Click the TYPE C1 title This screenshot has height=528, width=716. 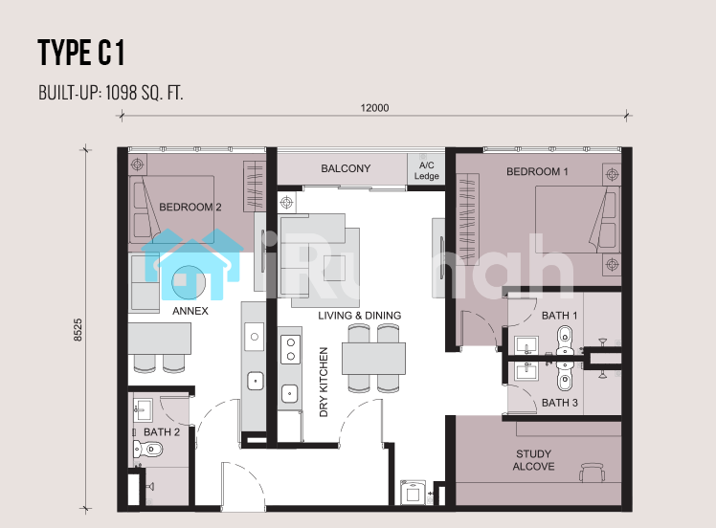click(x=80, y=53)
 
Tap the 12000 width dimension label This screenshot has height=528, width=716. click(x=374, y=108)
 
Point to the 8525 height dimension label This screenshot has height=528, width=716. click(x=78, y=329)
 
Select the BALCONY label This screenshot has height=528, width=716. click(x=346, y=168)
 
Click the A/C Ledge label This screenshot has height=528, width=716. click(x=427, y=170)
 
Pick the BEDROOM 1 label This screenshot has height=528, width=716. click(x=537, y=171)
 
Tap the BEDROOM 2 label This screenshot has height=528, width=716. click(x=190, y=208)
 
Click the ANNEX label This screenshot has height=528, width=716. click(x=190, y=311)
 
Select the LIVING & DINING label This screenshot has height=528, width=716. click(x=359, y=316)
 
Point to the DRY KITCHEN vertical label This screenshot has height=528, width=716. click(x=324, y=382)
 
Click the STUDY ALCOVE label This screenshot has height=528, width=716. click(x=533, y=460)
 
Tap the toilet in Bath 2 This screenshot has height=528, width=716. click(x=147, y=450)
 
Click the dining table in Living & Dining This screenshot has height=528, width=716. click(x=373, y=359)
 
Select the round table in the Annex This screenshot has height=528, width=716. click(x=189, y=282)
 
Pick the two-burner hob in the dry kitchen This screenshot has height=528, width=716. click(x=290, y=349)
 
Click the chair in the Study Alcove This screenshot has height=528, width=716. click(x=593, y=472)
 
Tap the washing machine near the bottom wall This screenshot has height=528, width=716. click(x=413, y=493)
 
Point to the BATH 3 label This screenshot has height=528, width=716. click(x=559, y=403)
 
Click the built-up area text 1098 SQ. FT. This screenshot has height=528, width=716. click(x=145, y=93)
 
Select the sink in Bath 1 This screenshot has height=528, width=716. click(x=526, y=345)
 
